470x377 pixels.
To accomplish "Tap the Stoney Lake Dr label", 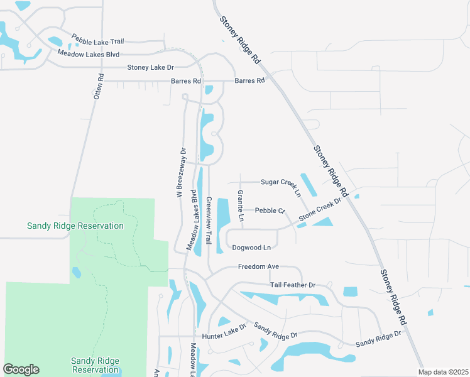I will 150,67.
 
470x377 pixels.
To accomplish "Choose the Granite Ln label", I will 240,206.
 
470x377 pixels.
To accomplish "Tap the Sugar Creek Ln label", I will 280,182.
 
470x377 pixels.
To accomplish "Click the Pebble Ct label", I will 270,210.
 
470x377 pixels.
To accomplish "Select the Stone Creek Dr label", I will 319,210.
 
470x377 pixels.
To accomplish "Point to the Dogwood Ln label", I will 254,248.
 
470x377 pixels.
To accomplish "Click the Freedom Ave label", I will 258,267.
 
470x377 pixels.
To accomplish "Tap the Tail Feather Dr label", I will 293,285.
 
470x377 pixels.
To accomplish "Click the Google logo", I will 21,369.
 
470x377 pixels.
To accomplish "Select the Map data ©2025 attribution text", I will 444,372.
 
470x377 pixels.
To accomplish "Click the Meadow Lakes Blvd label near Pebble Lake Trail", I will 88,55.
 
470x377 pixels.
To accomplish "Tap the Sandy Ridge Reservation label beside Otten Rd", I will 75,226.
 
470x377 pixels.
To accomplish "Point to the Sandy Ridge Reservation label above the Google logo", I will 95,365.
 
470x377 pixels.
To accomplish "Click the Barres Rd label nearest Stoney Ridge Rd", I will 249,80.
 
